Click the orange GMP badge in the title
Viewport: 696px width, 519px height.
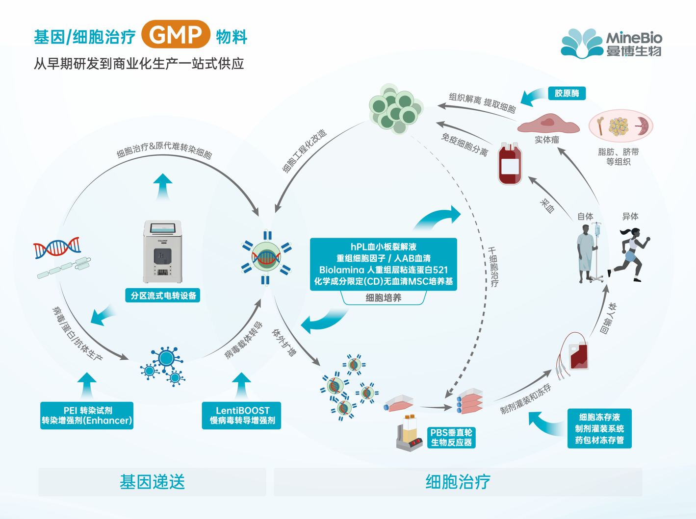pos(176,34)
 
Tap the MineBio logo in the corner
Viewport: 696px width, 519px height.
pos(612,43)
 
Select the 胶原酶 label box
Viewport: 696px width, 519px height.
pos(567,93)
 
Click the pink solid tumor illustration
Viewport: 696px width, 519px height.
pos(548,124)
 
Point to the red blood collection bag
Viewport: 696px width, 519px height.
pos(510,164)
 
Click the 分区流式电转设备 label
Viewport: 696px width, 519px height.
pos(163,296)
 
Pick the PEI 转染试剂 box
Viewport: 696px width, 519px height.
pos(87,416)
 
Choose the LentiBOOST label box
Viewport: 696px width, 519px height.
pos(242,416)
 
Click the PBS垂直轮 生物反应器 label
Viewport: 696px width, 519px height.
pos(451,438)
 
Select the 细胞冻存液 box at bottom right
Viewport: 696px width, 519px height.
pos(599,428)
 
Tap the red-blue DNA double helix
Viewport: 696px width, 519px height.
pos(57,248)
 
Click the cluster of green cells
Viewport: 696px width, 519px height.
pos(395,108)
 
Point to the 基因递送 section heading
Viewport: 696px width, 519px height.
pos(152,482)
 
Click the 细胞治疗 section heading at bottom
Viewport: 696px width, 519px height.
pos(458,482)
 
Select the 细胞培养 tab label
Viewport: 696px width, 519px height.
pos(383,298)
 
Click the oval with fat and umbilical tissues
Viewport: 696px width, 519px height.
pos(620,126)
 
